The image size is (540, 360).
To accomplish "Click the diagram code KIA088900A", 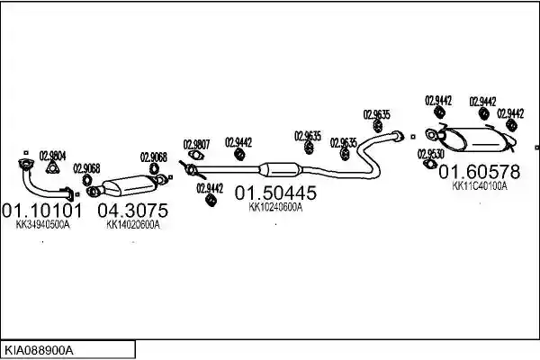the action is click(x=39, y=351).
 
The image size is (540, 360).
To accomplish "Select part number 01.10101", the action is click(x=42, y=210).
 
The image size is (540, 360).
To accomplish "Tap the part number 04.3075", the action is click(x=133, y=210).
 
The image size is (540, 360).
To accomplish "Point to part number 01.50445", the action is click(x=275, y=193).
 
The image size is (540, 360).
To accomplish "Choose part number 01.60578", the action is click(x=479, y=172).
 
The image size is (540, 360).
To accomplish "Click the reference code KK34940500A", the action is click(x=42, y=225).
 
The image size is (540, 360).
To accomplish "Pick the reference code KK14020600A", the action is click(x=133, y=225).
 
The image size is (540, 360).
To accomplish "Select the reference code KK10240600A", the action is click(x=275, y=207).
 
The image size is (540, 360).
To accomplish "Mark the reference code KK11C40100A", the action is click(x=480, y=186).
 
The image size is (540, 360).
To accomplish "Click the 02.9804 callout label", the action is click(x=53, y=156).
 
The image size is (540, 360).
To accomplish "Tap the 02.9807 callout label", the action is click(x=196, y=144).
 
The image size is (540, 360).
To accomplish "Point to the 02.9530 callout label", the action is click(x=431, y=154).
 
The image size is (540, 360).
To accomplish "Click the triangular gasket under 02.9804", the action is click(x=52, y=167).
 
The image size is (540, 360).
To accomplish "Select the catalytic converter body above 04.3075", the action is click(x=130, y=185).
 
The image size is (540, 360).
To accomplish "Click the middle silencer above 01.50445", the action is click(x=280, y=170).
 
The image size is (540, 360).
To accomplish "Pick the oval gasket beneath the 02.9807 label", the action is click(x=196, y=156).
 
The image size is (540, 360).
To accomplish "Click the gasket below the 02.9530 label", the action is click(x=429, y=164).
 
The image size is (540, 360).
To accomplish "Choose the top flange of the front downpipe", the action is click(x=25, y=164).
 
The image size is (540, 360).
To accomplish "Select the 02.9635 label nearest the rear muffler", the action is click(x=377, y=114).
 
